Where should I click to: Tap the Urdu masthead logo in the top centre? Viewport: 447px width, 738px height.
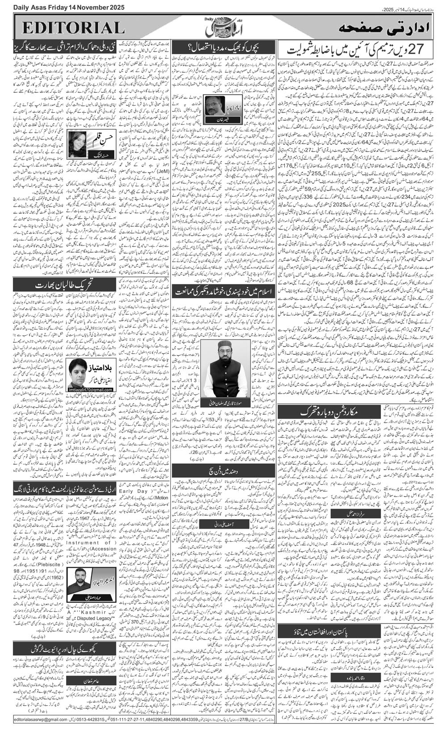coord(223,28)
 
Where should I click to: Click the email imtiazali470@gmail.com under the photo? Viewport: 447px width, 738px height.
coord(91,390)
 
